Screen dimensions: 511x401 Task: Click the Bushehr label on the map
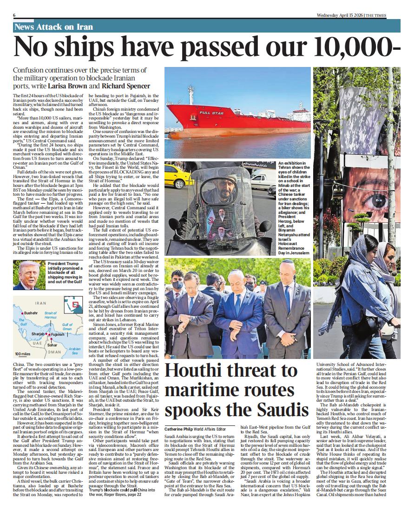coord(30,313)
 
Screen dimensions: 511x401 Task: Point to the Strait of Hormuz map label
coord(51,315)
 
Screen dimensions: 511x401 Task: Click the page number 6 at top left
coord(14,15)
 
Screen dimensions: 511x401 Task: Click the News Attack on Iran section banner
coord(54,27)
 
